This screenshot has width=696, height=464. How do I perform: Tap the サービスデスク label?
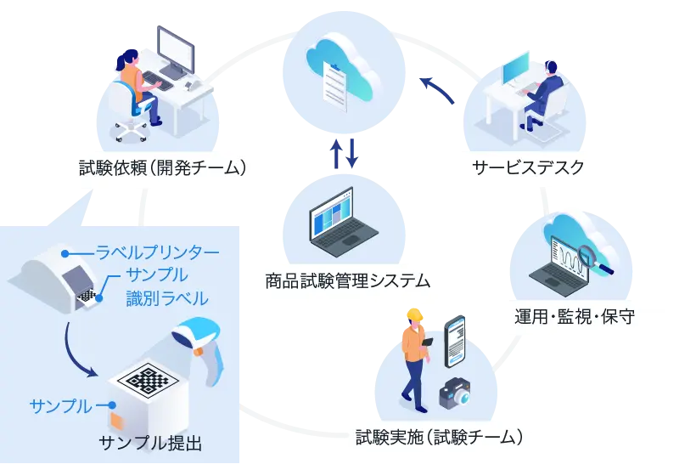(529, 167)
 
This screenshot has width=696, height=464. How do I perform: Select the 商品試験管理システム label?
(347, 280)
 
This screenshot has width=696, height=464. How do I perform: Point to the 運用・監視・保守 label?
(575, 317)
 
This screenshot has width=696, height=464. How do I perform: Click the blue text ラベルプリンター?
(157, 252)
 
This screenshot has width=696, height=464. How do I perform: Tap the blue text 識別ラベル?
(167, 297)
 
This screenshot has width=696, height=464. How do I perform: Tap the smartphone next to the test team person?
(456, 341)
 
